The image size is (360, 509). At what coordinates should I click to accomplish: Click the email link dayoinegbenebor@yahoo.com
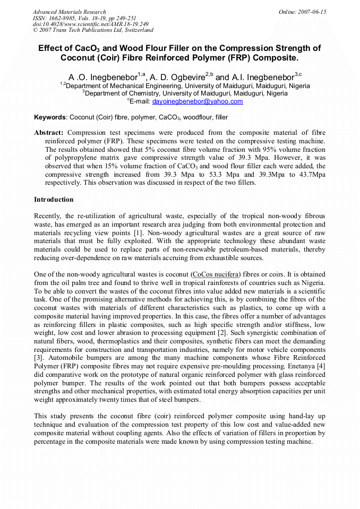(198, 101)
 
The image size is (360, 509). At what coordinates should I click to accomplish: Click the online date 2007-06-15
(313, 12)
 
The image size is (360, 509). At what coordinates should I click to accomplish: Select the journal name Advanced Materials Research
(70, 12)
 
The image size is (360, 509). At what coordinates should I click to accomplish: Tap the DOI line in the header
(90, 24)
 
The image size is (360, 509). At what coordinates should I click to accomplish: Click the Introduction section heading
(54, 200)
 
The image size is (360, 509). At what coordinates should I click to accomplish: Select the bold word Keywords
(50, 117)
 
